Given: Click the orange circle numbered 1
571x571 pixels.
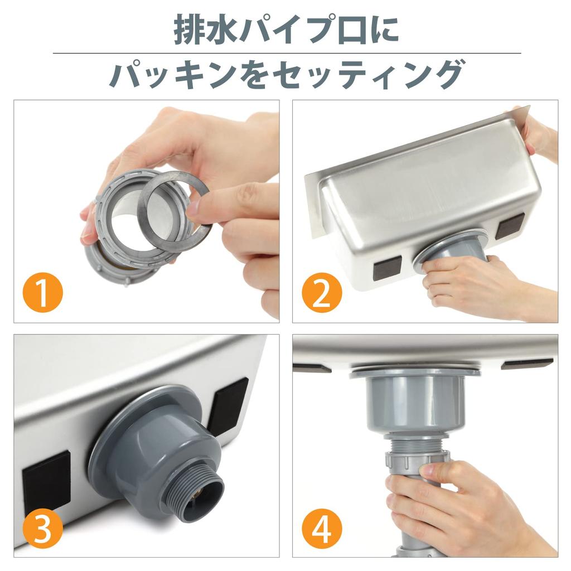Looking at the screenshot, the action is [x=42, y=292].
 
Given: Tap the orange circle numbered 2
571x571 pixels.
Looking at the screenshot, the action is [x=322, y=292].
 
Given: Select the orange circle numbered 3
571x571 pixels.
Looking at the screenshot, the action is [x=42, y=528].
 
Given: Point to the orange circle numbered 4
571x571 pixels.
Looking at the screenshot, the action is [x=322, y=528].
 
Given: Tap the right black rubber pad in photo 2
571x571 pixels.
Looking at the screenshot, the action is [x=510, y=226].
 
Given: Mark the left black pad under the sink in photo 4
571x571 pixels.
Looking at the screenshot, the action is [x=312, y=368].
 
